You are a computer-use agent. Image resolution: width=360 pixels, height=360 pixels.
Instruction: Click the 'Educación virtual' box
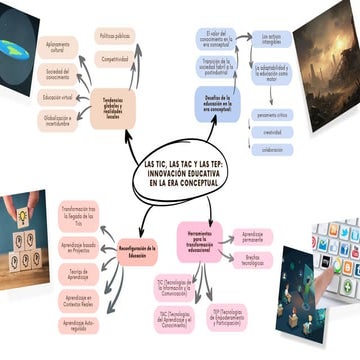tap(58, 97)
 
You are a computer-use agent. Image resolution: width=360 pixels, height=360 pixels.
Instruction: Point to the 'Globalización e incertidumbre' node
tap(57, 119)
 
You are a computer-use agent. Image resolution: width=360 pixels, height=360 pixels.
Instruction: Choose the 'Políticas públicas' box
tap(115, 35)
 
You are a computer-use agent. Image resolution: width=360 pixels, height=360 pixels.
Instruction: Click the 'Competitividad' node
tap(115, 59)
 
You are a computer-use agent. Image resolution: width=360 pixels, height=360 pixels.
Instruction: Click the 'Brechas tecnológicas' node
tap(252, 262)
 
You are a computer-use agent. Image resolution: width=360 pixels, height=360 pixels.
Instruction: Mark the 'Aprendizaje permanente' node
tap(252, 238)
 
